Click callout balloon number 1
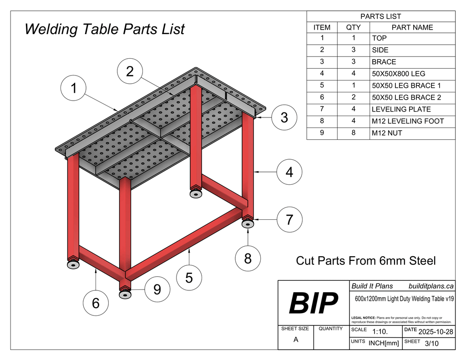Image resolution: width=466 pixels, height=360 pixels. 74,88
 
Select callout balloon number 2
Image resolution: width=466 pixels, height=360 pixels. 130,71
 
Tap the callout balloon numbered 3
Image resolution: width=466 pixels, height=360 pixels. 284,117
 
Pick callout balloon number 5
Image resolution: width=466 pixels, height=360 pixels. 189,277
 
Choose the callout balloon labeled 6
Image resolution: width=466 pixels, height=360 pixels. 96,303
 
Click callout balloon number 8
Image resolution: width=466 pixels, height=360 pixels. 248,259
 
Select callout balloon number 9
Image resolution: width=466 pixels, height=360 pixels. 157,289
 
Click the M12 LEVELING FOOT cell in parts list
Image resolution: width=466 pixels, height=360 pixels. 407,121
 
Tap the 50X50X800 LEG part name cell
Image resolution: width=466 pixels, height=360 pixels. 398,74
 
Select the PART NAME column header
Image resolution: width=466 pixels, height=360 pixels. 412,27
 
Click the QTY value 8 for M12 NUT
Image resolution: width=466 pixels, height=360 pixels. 353,133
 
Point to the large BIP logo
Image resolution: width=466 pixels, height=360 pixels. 314,304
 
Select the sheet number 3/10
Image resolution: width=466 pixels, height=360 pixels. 431,344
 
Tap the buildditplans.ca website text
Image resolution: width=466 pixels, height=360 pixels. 431,286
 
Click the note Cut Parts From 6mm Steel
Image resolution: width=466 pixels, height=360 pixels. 365,261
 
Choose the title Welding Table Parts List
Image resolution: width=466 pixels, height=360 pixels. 105,29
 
